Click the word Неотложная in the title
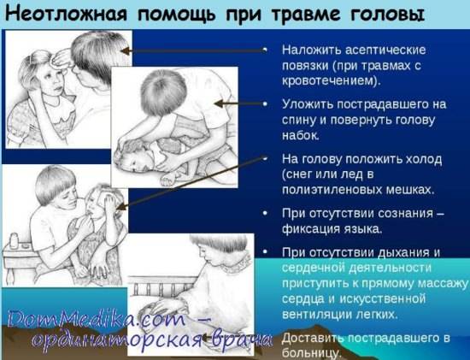point(67,14)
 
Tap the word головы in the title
point(387,15)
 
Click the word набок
point(300,135)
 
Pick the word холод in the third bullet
point(424,159)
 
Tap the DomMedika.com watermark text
point(96,319)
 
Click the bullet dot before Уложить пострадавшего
point(265,103)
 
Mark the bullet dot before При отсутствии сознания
point(265,213)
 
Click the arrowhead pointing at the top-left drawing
point(126,51)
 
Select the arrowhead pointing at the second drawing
point(220,103)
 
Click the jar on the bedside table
point(14,241)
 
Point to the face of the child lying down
point(134,162)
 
